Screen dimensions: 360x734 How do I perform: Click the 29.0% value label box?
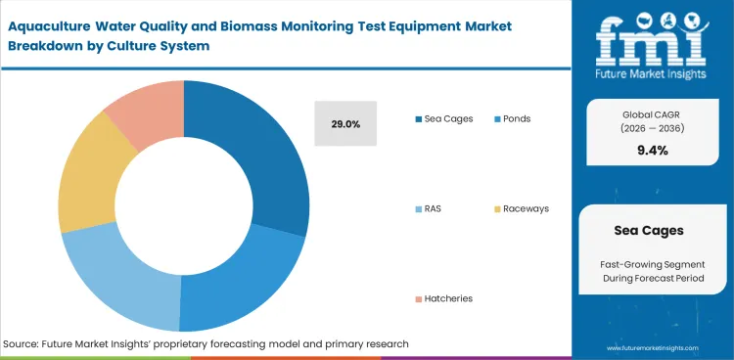click(x=344, y=124)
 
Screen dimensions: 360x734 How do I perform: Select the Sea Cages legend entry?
click(x=444, y=118)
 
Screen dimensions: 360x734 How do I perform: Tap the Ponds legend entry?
click(x=519, y=118)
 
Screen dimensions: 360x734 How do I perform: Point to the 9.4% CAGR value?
click(x=652, y=150)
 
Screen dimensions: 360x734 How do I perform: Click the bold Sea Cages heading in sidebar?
click(x=652, y=232)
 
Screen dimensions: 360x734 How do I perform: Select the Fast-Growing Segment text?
click(x=652, y=265)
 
